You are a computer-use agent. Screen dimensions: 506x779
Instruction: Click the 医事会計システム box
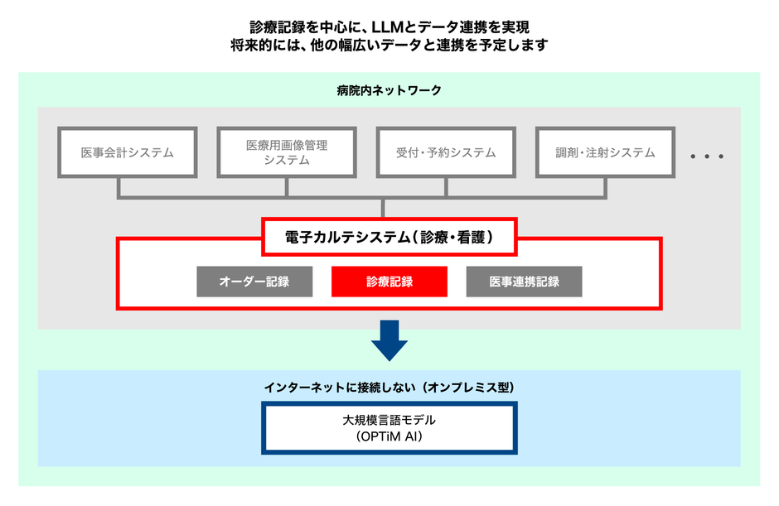click(127, 152)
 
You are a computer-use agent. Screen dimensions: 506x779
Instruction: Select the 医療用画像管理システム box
click(287, 152)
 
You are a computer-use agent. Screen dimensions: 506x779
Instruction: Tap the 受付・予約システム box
click(446, 152)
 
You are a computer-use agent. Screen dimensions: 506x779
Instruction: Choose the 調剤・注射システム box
click(606, 152)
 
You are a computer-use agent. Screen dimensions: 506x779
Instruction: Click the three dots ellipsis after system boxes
click(707, 157)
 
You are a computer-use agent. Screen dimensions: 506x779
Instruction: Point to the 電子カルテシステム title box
click(389, 238)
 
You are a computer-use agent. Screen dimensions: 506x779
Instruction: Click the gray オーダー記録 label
click(254, 282)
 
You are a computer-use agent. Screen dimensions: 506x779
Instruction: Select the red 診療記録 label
click(389, 282)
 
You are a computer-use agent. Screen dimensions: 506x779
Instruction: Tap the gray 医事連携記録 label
click(524, 282)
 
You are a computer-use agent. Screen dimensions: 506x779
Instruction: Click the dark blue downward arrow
click(389, 339)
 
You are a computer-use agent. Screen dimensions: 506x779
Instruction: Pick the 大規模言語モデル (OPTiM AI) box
click(389, 428)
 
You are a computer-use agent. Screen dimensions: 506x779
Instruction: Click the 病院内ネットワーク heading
click(389, 90)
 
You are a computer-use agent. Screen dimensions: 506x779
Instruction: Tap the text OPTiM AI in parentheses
click(389, 436)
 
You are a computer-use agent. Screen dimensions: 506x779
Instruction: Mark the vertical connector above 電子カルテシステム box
click(383, 209)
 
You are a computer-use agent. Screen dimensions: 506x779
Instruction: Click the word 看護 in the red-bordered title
click(473, 238)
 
